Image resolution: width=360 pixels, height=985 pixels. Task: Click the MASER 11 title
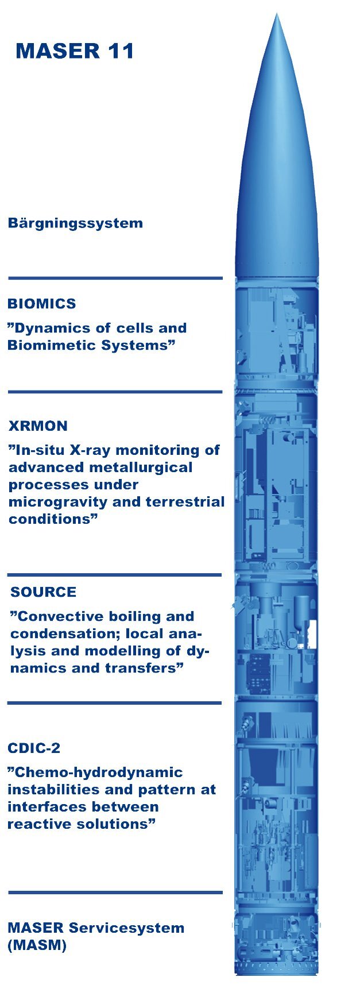[75, 51]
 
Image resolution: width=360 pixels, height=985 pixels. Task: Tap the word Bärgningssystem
[75, 223]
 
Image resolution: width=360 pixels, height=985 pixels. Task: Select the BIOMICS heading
[42, 304]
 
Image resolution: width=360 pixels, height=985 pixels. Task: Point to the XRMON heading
[38, 426]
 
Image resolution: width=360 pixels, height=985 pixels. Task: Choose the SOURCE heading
[43, 592]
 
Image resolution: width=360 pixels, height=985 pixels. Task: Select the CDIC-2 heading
[34, 748]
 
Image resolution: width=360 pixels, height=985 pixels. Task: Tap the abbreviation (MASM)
[37, 945]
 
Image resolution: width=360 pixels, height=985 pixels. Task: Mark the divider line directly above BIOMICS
[115, 278]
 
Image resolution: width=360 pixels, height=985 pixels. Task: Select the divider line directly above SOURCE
[115, 574]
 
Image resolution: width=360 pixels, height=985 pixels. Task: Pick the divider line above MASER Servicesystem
[115, 893]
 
